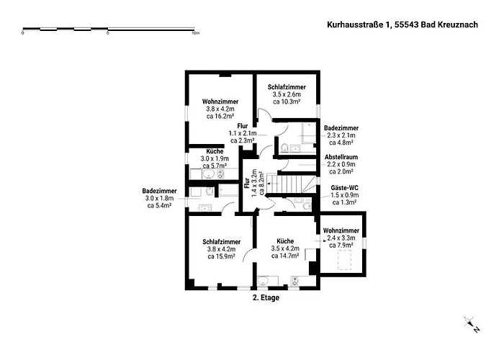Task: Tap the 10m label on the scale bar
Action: coord(194,33)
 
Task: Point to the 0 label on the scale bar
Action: coord(23,33)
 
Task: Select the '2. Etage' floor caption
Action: coord(266,297)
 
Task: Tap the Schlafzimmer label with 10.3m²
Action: coord(287,94)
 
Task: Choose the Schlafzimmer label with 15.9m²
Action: coord(221,249)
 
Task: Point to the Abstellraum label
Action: coord(341,164)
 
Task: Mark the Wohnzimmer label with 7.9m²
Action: coord(341,238)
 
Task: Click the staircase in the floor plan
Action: coord(292,185)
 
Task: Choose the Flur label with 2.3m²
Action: coord(243,133)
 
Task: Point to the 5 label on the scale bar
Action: coord(108,33)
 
